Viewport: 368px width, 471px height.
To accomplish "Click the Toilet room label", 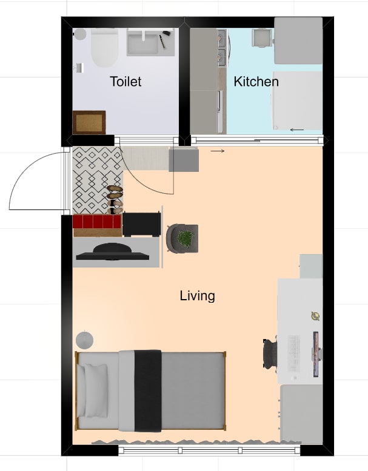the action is click(125, 81).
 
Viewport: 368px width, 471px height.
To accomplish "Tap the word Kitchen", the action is click(256, 82).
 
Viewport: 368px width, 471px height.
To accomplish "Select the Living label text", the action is click(198, 296).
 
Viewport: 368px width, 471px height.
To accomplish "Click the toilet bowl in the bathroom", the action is click(104, 48).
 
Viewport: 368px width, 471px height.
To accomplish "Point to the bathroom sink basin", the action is click(143, 42).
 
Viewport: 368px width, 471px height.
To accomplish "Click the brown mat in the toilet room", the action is click(89, 122).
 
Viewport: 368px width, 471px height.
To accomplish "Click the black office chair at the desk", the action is click(270, 353).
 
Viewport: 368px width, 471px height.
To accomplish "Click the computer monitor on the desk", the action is click(316, 354).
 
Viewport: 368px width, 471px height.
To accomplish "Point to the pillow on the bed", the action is click(96, 391).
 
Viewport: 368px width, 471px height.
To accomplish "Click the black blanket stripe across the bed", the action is click(148, 391).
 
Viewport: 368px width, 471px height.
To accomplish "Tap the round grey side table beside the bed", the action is click(84, 340).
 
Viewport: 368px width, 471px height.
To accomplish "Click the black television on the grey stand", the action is click(113, 252).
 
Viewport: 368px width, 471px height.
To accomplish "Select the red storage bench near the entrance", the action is click(97, 222).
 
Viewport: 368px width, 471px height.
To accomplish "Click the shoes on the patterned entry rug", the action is click(115, 200).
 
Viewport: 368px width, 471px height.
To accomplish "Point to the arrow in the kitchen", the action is click(297, 130).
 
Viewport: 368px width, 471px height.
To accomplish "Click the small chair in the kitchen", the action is click(261, 38).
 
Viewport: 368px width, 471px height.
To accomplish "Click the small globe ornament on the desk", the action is click(315, 316).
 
